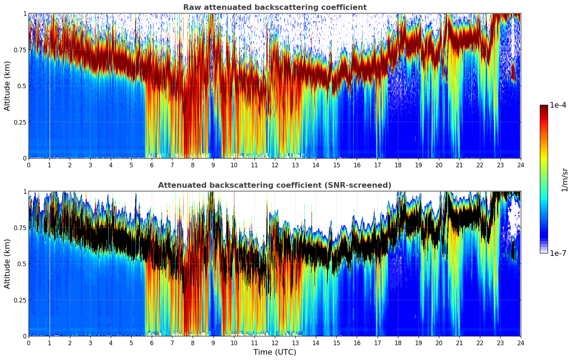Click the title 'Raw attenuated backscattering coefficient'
click(275, 7)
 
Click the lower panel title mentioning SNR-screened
click(275, 185)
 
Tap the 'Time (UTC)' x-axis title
click(275, 352)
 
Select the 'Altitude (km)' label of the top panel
click(7, 86)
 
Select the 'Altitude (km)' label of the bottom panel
click(7, 264)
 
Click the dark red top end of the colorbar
click(543, 107)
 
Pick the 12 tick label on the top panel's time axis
click(275, 165)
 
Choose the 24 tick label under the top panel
click(520, 165)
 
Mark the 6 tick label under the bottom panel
click(152, 343)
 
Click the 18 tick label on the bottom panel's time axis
click(398, 343)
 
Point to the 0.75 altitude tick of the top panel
click(20, 50)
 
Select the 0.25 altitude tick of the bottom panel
click(20, 300)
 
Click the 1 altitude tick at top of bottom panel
click(25, 191)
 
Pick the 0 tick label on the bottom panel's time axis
click(29, 343)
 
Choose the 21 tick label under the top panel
click(459, 165)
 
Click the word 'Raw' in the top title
click(191, 7)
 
